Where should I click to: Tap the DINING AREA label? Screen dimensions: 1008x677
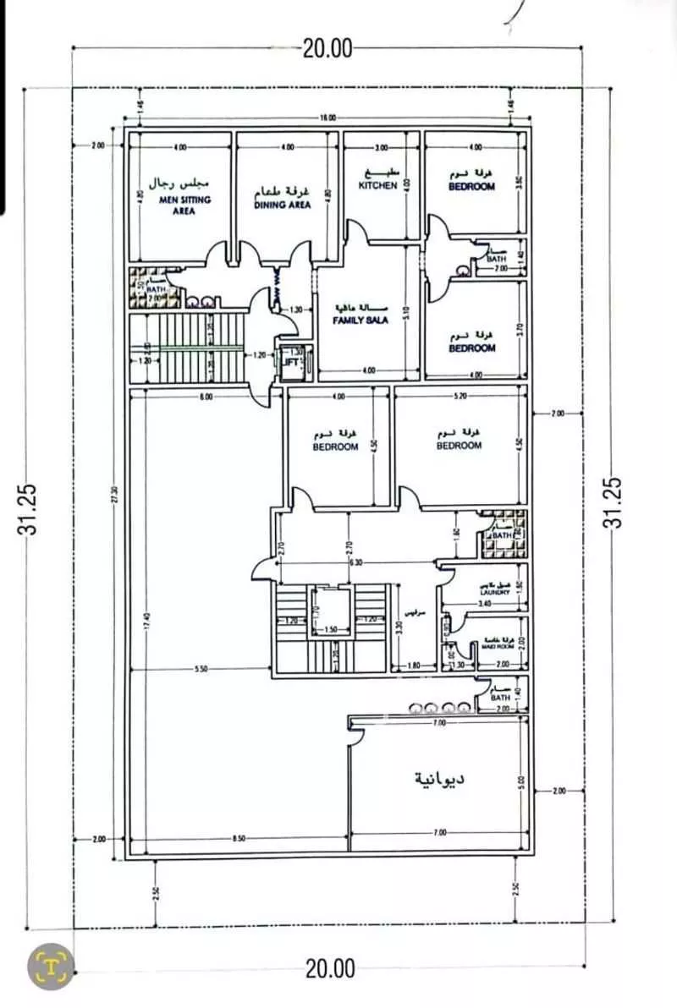tap(283, 204)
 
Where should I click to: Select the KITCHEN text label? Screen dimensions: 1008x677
tap(377, 185)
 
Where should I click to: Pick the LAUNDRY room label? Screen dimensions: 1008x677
tap(494, 593)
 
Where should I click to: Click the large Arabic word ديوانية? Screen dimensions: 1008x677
tap(438, 778)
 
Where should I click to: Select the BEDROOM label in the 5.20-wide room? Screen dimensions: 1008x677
tap(459, 446)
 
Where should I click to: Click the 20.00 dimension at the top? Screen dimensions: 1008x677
tap(327, 48)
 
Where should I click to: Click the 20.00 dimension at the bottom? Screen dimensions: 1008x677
tap(330, 969)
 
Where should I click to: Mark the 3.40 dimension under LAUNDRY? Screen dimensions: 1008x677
tap(485, 604)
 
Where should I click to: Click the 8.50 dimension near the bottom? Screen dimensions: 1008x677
tap(239, 838)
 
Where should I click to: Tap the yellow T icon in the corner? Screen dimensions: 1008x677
tap(51, 965)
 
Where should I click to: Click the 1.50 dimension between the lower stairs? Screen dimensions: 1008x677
tap(331, 631)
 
